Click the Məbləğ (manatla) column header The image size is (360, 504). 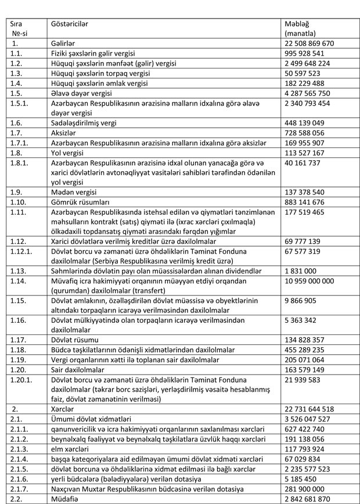pos(297,29)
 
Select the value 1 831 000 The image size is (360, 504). pos(300,271)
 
